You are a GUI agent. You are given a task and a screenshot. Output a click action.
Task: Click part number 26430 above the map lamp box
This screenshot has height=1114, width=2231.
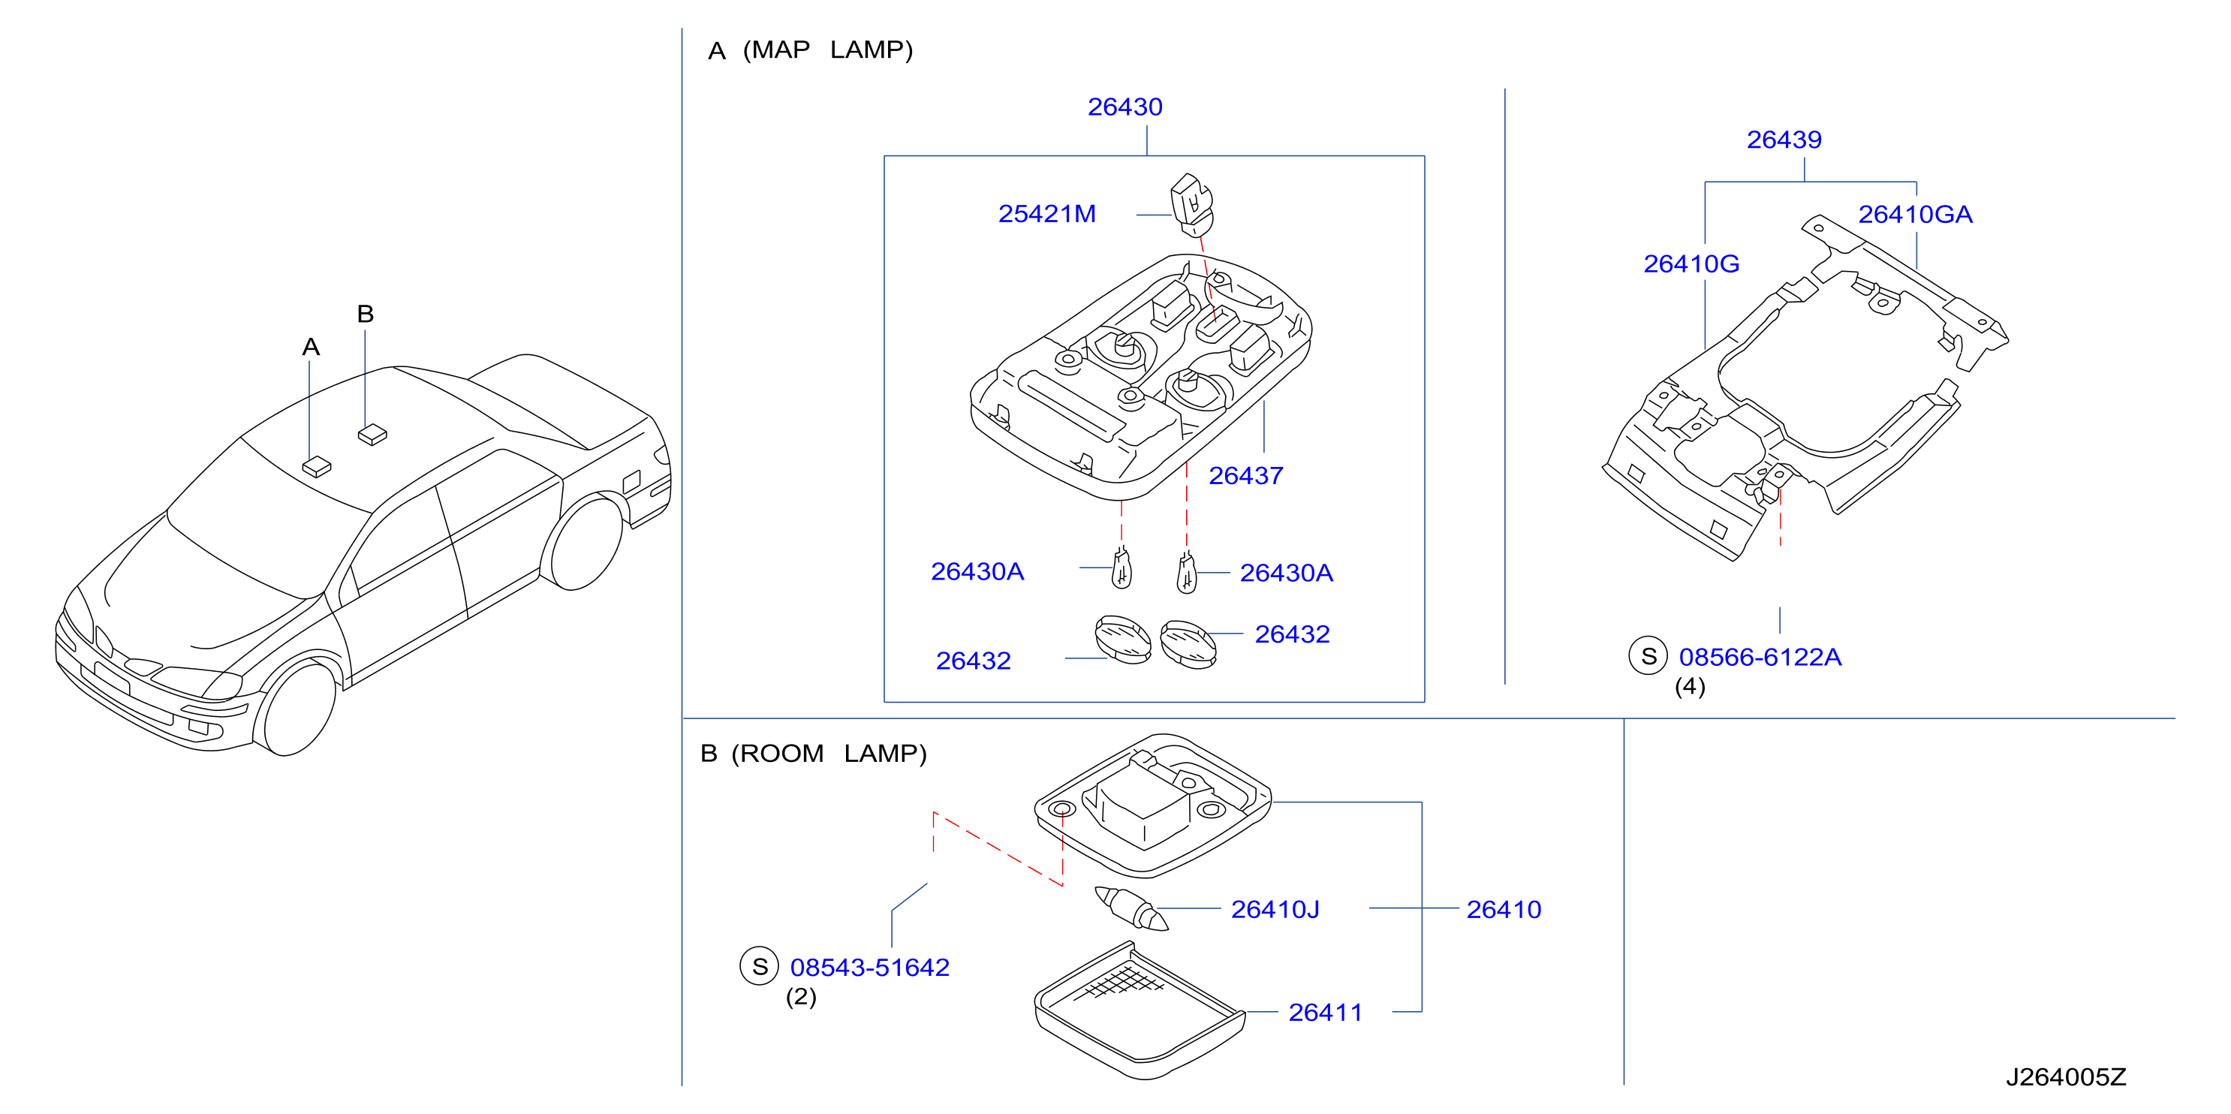point(1125,107)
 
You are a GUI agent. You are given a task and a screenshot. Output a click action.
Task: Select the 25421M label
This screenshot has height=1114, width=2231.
point(1046,214)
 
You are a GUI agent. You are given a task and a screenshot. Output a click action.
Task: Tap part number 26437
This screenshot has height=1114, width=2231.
point(1245,476)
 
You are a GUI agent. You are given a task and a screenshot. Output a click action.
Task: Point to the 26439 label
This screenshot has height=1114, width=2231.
point(1784,140)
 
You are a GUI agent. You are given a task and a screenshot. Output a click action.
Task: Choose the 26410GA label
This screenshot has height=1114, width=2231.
point(1915,214)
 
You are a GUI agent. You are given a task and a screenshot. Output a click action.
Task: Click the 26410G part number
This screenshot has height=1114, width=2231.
point(1691,263)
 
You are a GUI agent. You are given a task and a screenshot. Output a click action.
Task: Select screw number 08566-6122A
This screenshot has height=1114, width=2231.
point(1759,657)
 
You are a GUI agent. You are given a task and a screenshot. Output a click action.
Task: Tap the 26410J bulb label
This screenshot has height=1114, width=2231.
point(1275,909)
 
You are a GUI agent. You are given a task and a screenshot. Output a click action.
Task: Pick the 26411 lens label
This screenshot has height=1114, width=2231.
point(1325,1012)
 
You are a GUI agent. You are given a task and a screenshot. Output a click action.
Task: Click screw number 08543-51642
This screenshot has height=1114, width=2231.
point(869,967)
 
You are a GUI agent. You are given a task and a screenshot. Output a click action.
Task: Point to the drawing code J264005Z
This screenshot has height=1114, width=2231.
point(2066,1076)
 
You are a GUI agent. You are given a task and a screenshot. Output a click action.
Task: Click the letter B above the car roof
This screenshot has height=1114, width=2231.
point(366,314)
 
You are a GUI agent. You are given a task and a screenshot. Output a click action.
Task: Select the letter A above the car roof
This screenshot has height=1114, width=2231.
point(311,348)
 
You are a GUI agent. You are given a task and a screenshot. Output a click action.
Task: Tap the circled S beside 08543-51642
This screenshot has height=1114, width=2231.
point(760,966)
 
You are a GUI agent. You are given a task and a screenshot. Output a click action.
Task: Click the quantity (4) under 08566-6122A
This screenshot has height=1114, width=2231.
point(1690,686)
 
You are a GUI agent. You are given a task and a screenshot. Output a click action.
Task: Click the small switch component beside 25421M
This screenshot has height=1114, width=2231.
point(1192,204)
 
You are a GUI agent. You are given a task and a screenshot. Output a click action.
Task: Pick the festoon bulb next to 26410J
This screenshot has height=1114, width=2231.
point(1131,908)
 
